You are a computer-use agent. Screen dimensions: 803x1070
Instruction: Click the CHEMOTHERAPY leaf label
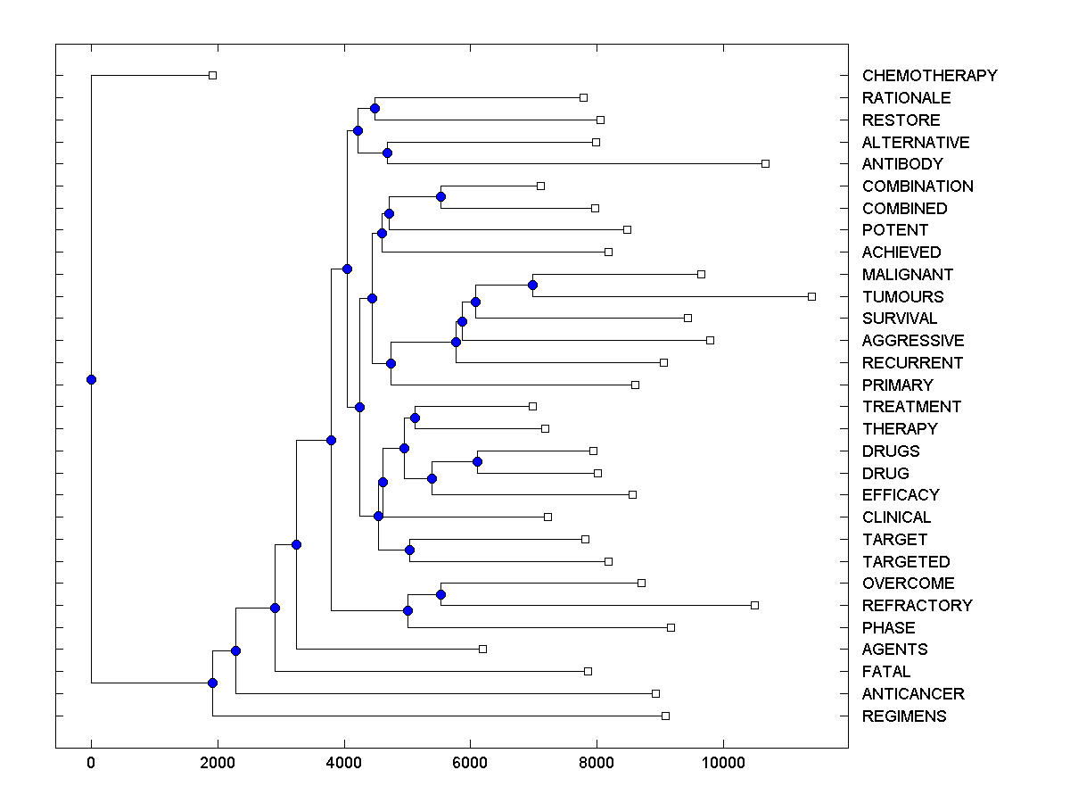[929, 76]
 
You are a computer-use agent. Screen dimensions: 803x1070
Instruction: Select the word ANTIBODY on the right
[901, 164]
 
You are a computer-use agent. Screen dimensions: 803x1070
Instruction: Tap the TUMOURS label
[902, 297]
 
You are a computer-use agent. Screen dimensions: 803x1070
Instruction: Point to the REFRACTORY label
[917, 606]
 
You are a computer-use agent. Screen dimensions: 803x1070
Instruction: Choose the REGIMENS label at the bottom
[904, 716]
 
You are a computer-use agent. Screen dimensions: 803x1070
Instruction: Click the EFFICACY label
[901, 495]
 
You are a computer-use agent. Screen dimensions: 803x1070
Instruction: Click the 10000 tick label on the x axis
[723, 761]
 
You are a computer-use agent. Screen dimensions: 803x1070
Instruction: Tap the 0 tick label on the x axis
[91, 761]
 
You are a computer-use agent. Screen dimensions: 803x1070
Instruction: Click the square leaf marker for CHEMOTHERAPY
[212, 75]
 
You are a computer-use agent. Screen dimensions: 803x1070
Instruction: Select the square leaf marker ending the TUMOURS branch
[811, 296]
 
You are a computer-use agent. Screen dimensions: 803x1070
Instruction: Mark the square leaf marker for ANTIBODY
[765, 163]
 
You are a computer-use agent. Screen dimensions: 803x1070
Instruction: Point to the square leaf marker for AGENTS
[482, 649]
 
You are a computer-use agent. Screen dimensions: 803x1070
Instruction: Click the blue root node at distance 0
[91, 379]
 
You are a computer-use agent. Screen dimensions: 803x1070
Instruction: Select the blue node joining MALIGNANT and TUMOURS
[532, 285]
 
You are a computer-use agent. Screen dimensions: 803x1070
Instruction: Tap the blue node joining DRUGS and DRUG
[477, 461]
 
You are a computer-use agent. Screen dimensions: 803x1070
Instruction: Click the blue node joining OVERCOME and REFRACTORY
[440, 594]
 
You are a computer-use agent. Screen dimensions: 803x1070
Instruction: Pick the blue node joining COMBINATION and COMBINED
[440, 196]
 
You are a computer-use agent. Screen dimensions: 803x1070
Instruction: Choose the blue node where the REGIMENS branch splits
[212, 683]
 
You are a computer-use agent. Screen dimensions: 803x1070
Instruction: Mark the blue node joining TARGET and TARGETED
[409, 550]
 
